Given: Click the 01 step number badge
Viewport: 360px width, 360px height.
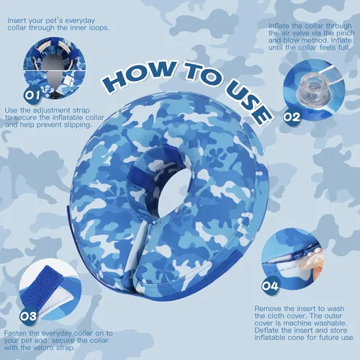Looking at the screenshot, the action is point(33,95).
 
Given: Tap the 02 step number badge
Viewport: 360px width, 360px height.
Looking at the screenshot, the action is point(292,117).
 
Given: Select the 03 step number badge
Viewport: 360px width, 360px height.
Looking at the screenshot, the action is point(28,316).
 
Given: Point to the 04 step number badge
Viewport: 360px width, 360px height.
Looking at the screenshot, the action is point(270,286).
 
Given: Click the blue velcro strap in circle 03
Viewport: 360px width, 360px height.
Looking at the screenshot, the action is point(41,289).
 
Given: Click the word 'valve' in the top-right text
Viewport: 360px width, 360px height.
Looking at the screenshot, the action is point(299,33).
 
